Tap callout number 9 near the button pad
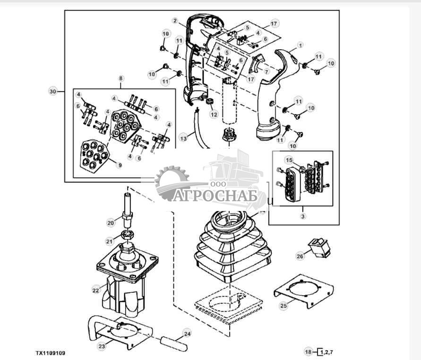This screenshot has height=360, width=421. tap(120, 165)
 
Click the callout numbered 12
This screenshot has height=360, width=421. tap(214, 114)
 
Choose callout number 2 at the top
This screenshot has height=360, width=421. tap(175, 21)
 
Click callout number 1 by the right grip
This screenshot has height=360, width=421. tap(299, 45)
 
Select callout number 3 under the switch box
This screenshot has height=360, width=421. tap(303, 216)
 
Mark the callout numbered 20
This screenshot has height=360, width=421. tap(110, 223)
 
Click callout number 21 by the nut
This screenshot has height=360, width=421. tap(110, 241)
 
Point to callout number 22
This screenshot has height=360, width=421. tap(96, 290)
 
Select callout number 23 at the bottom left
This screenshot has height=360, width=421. tap(102, 346)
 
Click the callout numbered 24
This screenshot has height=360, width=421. tap(187, 334)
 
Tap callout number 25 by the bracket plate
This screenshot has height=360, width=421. tap(284, 306)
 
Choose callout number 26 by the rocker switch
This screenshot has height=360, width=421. tap(300, 256)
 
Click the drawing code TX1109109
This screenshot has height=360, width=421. tap(51, 353)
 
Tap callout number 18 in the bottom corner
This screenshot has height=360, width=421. tap(308, 352)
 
